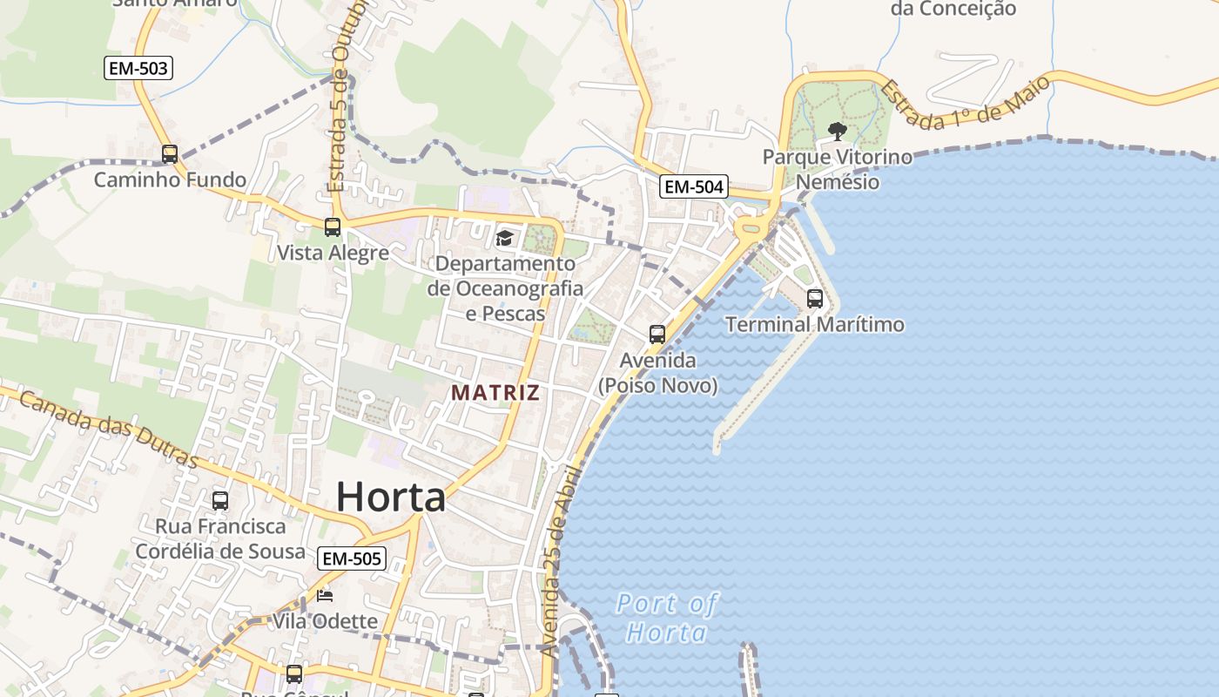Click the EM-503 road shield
[x=138, y=68]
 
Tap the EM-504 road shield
[x=693, y=186]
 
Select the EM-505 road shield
[x=351, y=558]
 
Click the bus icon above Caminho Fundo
[x=170, y=154]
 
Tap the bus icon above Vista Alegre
[x=332, y=227]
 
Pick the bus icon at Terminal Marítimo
[x=815, y=299]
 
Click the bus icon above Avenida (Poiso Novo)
[x=657, y=335]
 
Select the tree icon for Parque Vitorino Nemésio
[x=837, y=132]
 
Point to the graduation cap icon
[x=504, y=238]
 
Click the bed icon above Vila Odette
[x=325, y=596]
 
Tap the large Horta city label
[x=391, y=497]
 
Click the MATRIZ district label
[x=495, y=393]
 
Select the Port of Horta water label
[x=667, y=617]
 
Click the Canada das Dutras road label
[x=108, y=430]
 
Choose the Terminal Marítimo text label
[x=815, y=325]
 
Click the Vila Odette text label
[x=325, y=621]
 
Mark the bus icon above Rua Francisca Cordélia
[x=220, y=501]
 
